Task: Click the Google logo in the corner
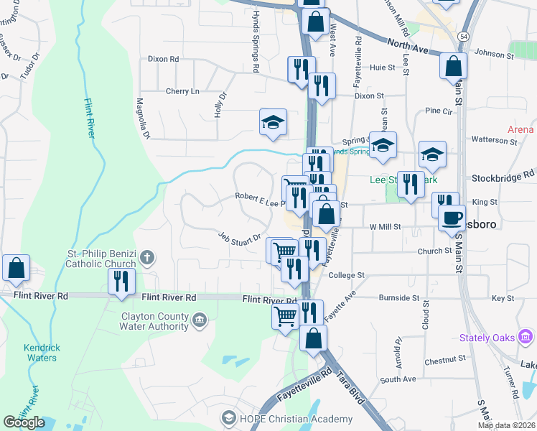[x=24, y=422]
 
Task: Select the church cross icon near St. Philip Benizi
[x=146, y=256]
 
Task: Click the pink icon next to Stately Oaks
[x=526, y=335]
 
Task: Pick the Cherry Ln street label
[x=182, y=91]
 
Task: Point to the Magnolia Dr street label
[x=144, y=119]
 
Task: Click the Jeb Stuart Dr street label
[x=240, y=238]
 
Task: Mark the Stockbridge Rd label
[x=503, y=175]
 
